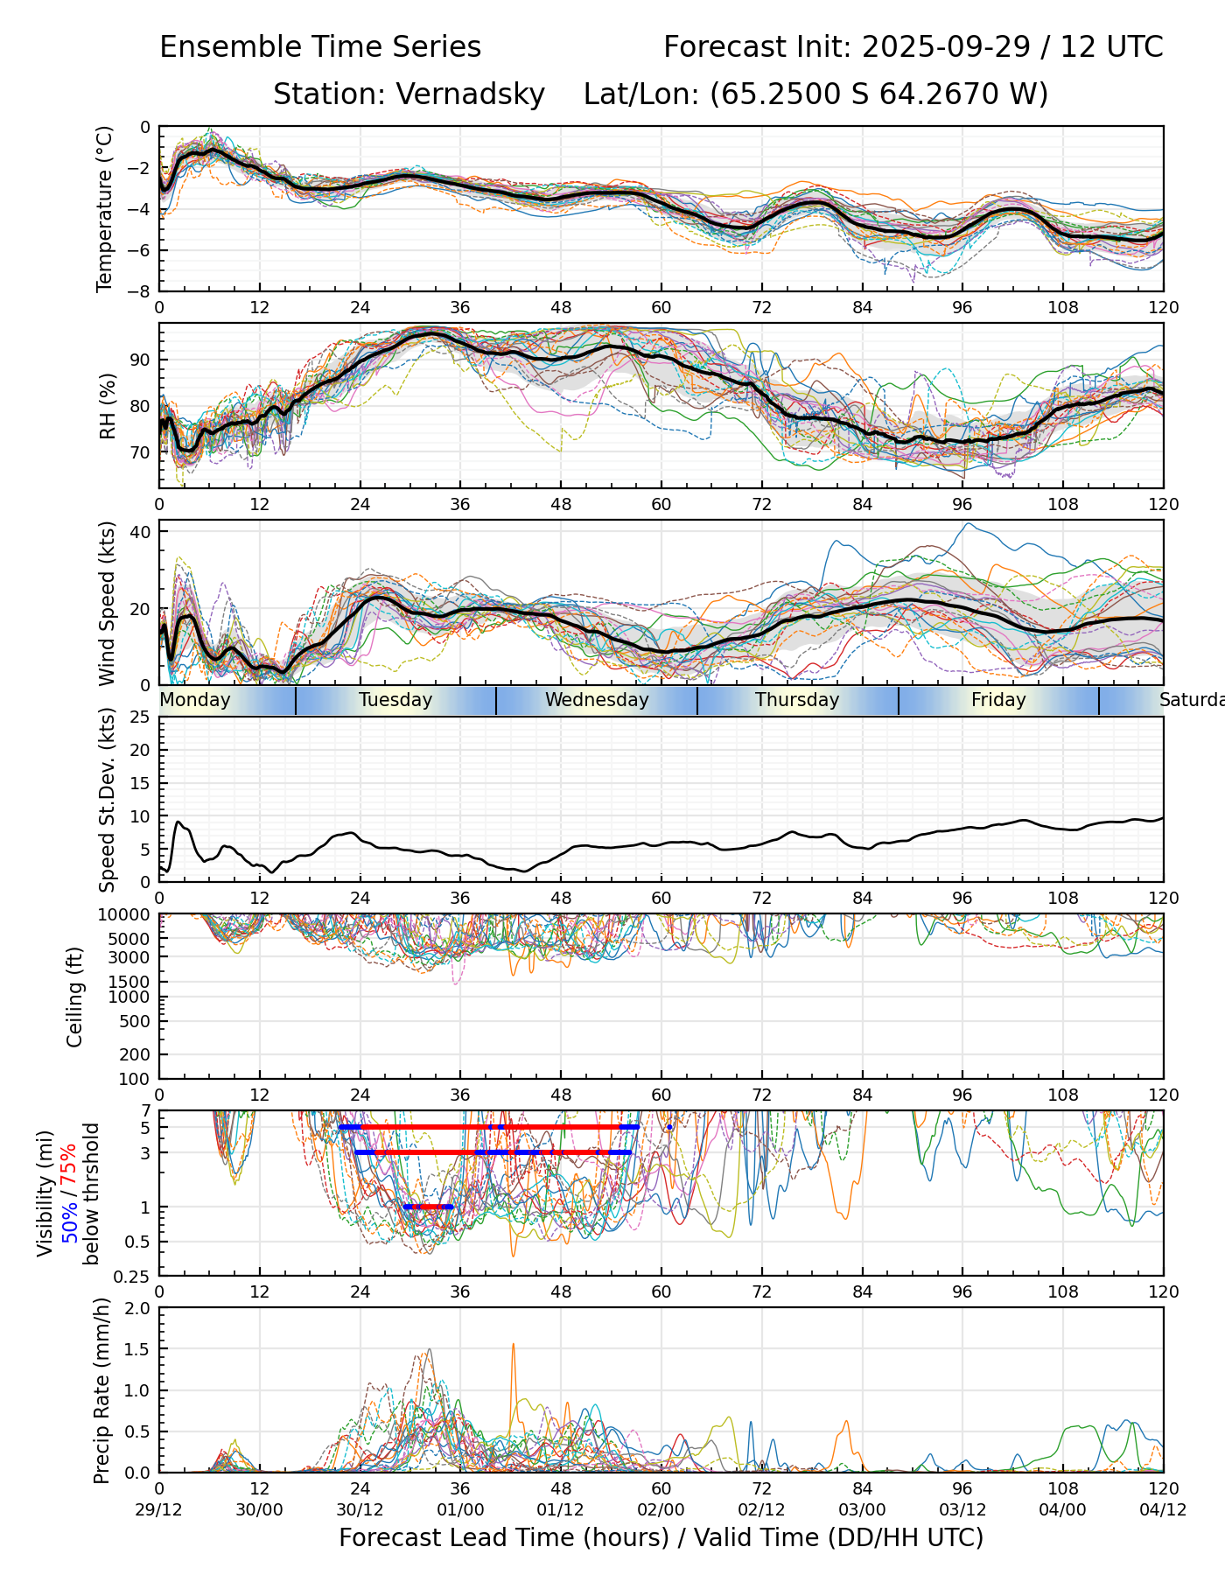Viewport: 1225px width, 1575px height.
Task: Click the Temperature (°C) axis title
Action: click(x=105, y=208)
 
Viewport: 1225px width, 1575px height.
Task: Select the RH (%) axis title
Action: click(x=108, y=405)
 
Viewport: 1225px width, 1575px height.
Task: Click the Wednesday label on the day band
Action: click(x=597, y=700)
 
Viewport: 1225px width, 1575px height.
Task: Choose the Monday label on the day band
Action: click(x=195, y=700)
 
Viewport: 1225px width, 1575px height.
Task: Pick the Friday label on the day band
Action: click(x=998, y=700)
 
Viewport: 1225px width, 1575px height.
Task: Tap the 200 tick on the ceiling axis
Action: click(x=135, y=1054)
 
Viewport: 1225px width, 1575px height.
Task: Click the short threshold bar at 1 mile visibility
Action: click(x=429, y=1207)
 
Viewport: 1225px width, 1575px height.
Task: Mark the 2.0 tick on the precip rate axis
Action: click(x=138, y=1308)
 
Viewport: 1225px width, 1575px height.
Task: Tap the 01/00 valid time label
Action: click(x=460, y=1509)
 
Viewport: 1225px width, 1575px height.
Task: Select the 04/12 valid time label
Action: click(x=1163, y=1509)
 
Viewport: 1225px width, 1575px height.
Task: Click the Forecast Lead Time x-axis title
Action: click(x=661, y=1537)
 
